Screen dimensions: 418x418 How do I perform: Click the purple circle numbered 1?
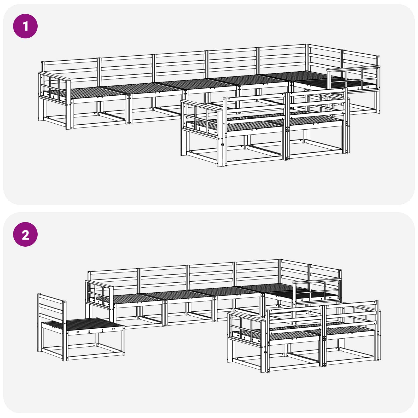(x=25, y=26)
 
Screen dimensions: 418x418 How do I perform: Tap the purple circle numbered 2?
(x=25, y=234)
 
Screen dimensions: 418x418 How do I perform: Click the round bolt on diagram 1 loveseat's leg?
(x=223, y=144)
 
